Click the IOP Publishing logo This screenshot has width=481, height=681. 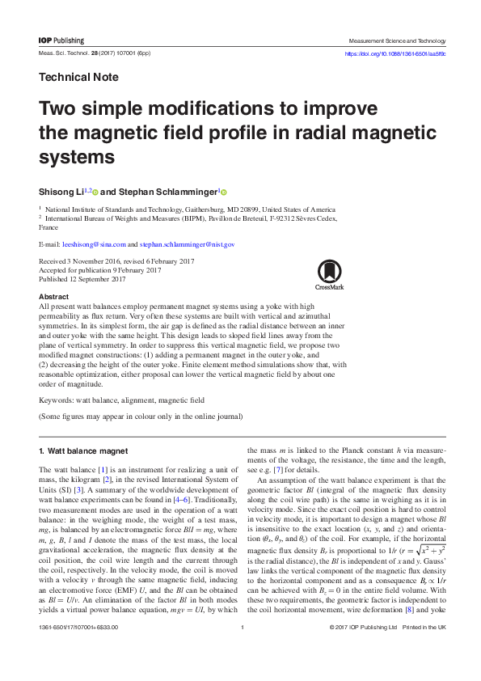pos(61,40)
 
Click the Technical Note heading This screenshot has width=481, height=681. pos(78,78)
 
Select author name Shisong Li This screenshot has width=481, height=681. pos(64,192)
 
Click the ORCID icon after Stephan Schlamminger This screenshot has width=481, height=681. pos(223,192)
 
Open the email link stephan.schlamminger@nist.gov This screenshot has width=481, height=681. pos(187,243)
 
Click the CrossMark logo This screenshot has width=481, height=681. pos(330,274)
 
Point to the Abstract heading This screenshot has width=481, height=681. pos(53,297)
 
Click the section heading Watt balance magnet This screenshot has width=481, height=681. pos(82,450)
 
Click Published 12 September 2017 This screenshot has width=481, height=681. pos(82,279)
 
